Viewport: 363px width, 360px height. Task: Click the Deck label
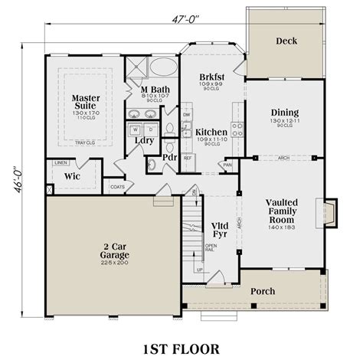(286, 41)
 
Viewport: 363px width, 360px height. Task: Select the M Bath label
(154, 90)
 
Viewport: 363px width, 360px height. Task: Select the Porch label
(264, 292)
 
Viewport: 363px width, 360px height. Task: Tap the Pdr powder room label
(168, 159)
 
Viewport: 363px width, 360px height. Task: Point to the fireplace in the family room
(328, 212)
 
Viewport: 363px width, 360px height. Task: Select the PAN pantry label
(227, 164)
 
